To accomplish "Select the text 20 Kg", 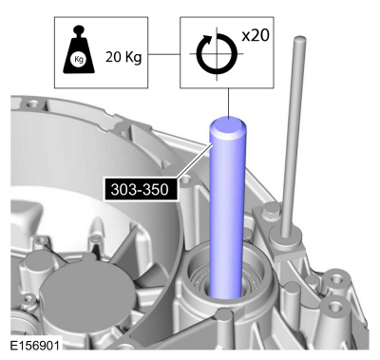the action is [x=123, y=58].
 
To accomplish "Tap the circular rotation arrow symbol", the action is [x=217, y=53].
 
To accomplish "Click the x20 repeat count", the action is [x=256, y=35].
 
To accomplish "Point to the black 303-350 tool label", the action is [x=140, y=190].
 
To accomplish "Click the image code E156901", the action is [x=34, y=345].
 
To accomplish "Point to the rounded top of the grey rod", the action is [x=300, y=40].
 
